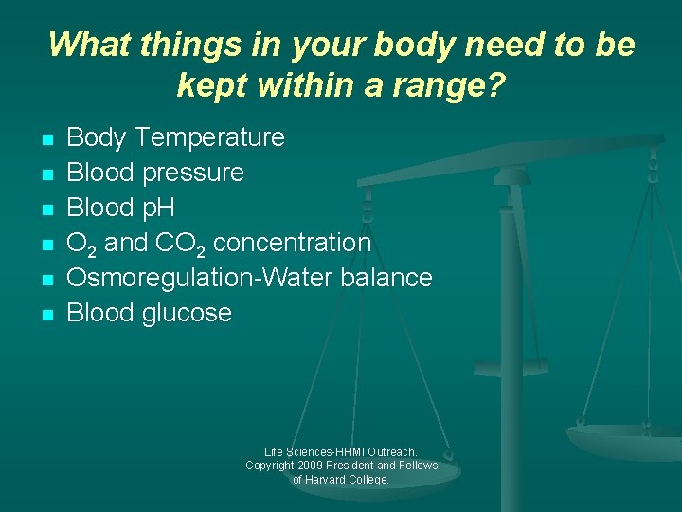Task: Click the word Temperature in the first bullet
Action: tap(209, 138)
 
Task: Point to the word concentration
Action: tap(292, 243)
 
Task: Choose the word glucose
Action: tap(188, 313)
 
